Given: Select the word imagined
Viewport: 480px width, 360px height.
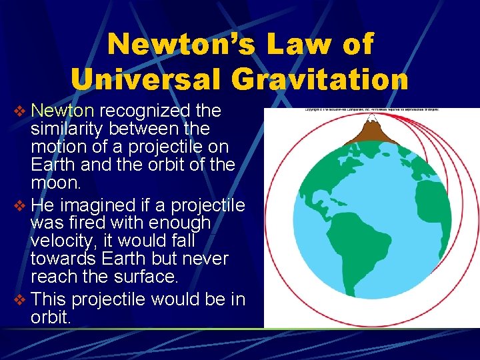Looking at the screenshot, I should point(96,204).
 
